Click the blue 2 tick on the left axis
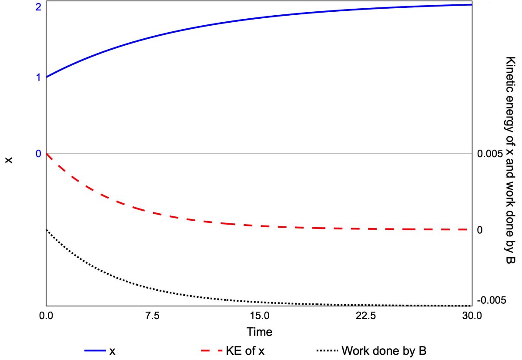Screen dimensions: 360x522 pos(38,7)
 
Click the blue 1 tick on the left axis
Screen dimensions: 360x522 pos(38,77)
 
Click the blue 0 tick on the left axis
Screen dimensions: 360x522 pos(38,154)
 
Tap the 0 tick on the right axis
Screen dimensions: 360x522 pos(480,230)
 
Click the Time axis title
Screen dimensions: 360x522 pos(259,332)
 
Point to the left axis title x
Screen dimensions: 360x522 pos(8,160)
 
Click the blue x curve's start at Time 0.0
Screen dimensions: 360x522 pos(47,77)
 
